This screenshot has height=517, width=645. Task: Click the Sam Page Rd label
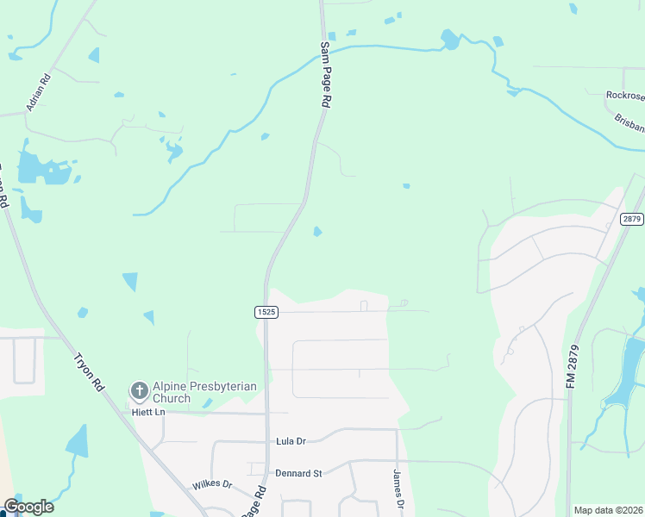point(325,74)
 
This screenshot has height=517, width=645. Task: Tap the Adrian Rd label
point(39,91)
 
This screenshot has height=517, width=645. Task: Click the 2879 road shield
point(632,219)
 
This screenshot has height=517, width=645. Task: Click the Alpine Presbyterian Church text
point(204,392)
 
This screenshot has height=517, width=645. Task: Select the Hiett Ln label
point(147,413)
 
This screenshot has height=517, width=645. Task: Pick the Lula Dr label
point(291,441)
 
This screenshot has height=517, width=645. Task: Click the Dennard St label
point(298,473)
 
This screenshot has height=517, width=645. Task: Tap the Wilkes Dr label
point(212,484)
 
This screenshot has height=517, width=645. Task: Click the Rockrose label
point(625,95)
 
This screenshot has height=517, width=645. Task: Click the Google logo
point(28,507)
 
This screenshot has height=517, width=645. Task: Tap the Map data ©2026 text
point(608,510)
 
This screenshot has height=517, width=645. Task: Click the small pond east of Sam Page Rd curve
point(318,231)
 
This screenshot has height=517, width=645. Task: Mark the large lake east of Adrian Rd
point(43,170)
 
